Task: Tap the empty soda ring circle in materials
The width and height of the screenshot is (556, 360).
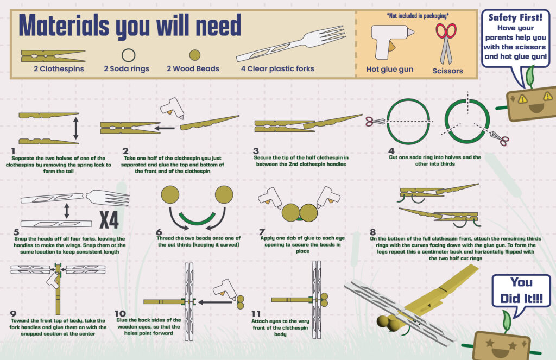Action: click(x=128, y=55)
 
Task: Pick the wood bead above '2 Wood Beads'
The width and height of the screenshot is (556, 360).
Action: click(x=195, y=55)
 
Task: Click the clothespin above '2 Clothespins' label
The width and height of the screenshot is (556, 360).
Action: click(x=53, y=56)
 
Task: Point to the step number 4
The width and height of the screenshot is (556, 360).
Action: click(x=391, y=151)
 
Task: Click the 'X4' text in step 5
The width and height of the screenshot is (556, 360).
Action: click(x=109, y=220)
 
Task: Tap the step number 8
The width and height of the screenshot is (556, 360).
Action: click(x=372, y=232)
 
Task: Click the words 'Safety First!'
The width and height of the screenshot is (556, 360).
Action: click(x=515, y=17)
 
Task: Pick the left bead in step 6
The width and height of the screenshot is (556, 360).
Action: click(x=170, y=195)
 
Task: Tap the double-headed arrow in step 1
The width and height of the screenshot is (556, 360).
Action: click(x=75, y=128)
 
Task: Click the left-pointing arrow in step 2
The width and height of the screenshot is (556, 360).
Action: click(x=165, y=128)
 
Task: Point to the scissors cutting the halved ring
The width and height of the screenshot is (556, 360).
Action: click(x=375, y=122)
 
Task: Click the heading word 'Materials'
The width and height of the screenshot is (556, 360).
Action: click(x=64, y=26)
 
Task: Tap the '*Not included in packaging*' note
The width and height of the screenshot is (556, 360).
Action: click(x=418, y=16)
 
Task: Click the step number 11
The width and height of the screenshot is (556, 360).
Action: click(x=256, y=314)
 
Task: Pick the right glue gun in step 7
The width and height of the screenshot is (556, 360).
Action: click(x=327, y=197)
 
